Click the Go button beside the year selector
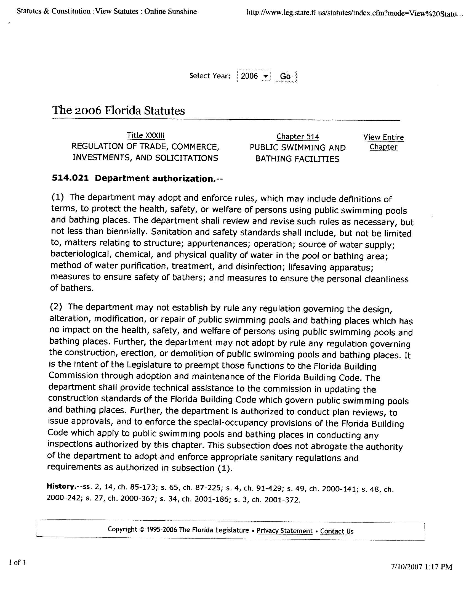point(285,76)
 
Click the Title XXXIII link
point(146,135)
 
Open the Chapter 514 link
point(298,136)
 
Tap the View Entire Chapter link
point(383,142)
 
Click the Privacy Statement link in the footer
point(284,531)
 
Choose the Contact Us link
point(337,531)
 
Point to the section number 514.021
point(70,178)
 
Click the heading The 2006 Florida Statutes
point(118,110)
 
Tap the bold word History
point(61,486)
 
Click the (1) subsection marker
point(57,197)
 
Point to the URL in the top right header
point(355,12)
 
